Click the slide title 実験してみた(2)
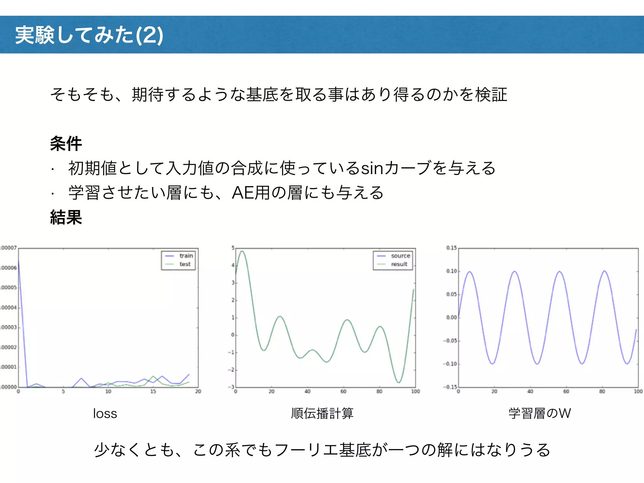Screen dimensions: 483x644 coord(89,35)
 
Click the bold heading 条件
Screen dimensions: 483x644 coord(66,144)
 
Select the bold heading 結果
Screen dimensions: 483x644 coord(66,217)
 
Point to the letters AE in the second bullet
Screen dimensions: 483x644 coord(243,193)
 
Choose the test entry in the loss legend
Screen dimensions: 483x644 coord(185,264)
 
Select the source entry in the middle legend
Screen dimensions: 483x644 coord(400,256)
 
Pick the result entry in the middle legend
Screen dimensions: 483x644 coord(399,264)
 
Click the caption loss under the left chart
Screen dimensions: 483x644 coord(105,414)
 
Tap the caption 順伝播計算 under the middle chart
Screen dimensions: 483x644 coord(322,414)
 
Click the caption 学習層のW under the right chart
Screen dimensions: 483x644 coord(540,414)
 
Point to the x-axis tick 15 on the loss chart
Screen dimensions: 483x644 coord(153,391)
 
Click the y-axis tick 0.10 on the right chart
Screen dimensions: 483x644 coord(451,271)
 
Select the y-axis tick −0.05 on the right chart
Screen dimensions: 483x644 coord(450,341)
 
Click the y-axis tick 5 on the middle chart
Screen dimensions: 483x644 coord(233,248)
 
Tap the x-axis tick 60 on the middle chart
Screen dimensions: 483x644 coord(343,391)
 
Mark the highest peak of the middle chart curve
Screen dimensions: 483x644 coord(242,251)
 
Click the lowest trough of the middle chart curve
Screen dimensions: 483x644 coord(399,382)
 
